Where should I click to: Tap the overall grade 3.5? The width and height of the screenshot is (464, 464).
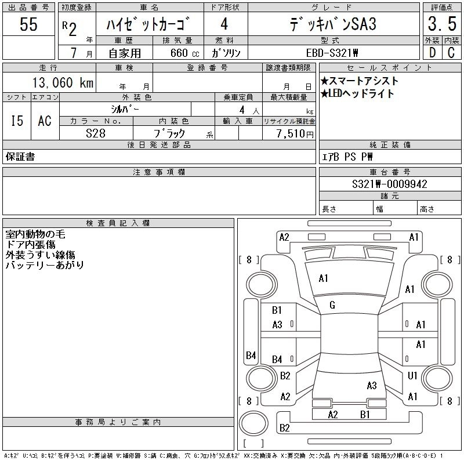pos(441,24)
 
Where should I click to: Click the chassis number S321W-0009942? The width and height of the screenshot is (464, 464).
pos(390,184)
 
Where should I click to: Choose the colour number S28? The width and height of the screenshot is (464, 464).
pos(96,133)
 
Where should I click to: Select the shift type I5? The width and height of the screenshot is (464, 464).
pos(17,121)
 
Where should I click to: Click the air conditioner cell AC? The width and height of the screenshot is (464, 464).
pos(45,121)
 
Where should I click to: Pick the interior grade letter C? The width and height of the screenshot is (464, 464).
pos(450,52)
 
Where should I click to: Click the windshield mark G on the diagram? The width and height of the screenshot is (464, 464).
pos(332,306)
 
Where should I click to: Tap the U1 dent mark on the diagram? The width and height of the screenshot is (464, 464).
pos(412,376)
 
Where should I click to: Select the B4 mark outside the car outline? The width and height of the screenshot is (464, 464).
pos(251,355)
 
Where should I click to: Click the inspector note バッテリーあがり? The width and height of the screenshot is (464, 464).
pos(45,265)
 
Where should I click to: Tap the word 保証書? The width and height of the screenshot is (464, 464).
pos(20,157)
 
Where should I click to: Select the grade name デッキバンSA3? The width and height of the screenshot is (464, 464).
pos(333,25)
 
